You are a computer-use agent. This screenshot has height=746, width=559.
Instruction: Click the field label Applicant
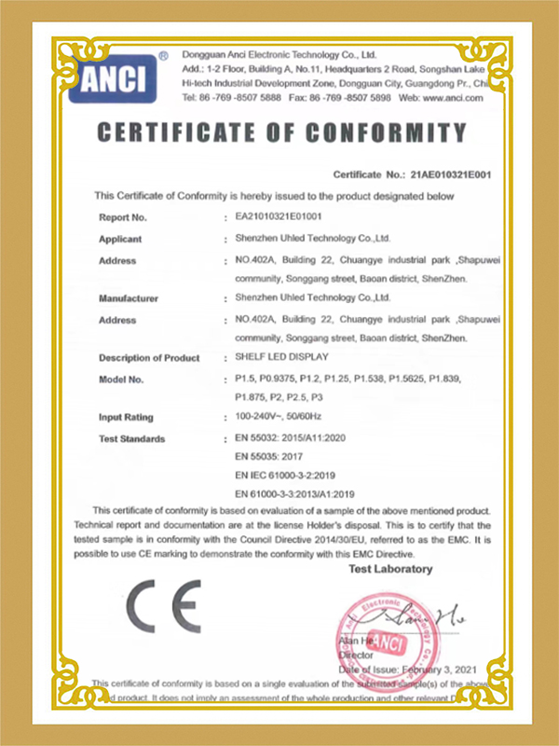click(120, 239)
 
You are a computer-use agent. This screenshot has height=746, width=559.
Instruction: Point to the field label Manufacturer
click(129, 298)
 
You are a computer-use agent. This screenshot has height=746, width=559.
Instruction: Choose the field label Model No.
click(121, 380)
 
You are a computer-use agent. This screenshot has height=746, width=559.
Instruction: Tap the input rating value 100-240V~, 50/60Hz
click(280, 417)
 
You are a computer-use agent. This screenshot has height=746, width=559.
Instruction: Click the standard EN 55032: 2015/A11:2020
click(291, 437)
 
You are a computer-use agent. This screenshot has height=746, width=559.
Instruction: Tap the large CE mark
click(163, 606)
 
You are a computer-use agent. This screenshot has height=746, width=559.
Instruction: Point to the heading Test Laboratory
click(390, 569)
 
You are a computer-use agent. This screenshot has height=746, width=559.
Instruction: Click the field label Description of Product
click(149, 358)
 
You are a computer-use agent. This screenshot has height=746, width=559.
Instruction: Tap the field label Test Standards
click(131, 438)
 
